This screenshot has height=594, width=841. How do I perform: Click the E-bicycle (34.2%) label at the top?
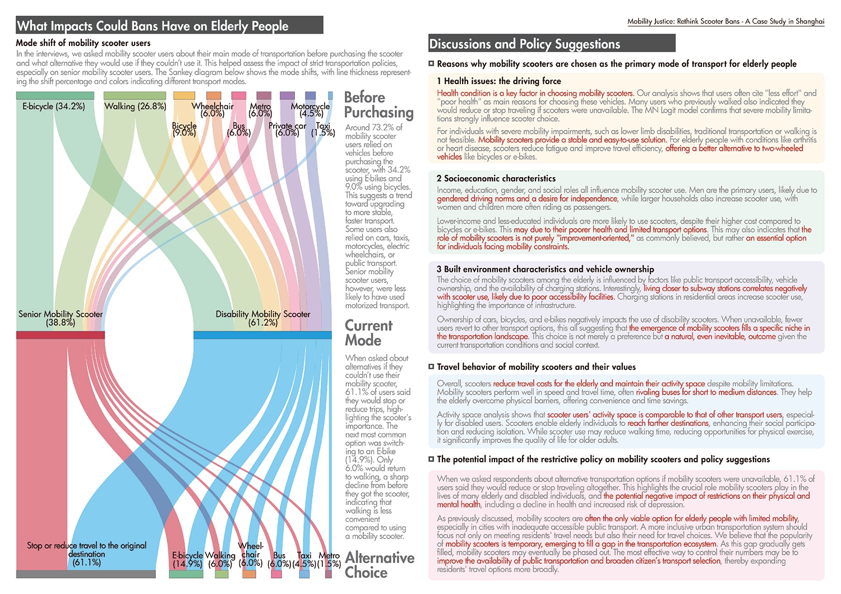(54, 106)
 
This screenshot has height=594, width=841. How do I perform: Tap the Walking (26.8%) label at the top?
(135, 106)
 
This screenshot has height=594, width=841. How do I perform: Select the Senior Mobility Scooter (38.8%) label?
(61, 318)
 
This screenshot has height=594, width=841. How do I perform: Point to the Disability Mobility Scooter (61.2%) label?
(263, 318)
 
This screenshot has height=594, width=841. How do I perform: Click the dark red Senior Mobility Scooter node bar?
(61, 335)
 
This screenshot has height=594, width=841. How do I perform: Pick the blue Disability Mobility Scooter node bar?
(262, 335)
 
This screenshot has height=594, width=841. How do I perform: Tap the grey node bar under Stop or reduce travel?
(86, 574)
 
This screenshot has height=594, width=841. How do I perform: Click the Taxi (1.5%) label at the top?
(323, 129)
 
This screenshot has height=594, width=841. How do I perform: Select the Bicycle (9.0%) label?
(184, 129)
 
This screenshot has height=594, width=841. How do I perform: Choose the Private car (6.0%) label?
(287, 129)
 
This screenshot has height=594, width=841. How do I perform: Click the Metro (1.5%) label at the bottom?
(329, 559)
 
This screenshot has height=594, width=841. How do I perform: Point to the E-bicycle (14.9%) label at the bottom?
(187, 559)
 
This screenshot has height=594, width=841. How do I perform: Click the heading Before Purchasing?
(379, 105)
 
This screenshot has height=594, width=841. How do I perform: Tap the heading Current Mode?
(369, 333)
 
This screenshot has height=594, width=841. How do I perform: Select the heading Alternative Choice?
(380, 565)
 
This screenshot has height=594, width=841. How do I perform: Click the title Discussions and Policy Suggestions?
(524, 44)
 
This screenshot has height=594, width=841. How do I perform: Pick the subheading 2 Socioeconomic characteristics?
(496, 178)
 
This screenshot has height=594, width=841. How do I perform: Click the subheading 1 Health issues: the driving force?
(499, 81)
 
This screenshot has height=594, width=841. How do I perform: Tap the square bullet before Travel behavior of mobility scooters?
(431, 366)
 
